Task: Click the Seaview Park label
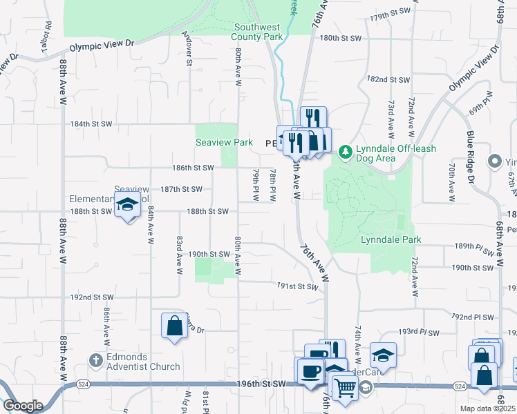click(224, 143)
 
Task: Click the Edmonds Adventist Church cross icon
click(96, 359)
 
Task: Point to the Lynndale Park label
click(391, 240)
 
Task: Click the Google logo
click(22, 405)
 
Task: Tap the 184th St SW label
click(91, 124)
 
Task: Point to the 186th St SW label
click(193, 168)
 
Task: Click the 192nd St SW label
click(91, 297)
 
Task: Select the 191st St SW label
click(298, 285)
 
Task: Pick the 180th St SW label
click(341, 38)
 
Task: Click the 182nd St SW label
click(389, 80)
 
